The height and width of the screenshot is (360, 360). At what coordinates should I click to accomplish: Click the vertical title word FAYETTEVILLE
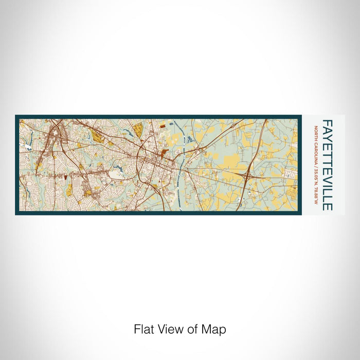327,165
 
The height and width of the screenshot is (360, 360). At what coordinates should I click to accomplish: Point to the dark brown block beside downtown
164,152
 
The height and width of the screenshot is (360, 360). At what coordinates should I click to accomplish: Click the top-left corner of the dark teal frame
16,116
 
